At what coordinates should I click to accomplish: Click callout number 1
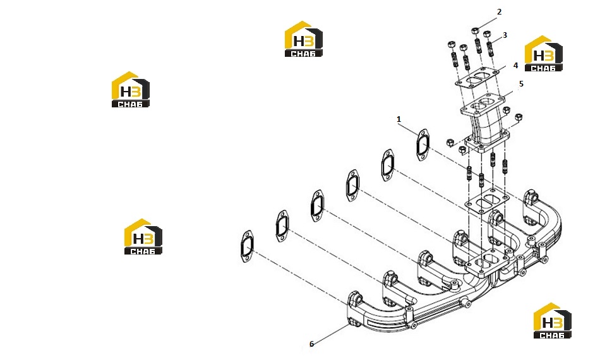click(399, 119)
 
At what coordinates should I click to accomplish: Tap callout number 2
click(499, 12)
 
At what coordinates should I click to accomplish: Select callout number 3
click(505, 35)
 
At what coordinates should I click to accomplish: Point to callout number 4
click(515, 66)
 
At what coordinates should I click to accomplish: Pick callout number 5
click(521, 83)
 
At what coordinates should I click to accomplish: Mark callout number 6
click(311, 344)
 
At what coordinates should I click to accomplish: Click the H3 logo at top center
click(303, 39)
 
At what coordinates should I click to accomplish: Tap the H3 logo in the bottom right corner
click(552, 321)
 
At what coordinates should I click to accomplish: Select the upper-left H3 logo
click(131, 90)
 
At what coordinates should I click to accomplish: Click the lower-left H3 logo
click(143, 236)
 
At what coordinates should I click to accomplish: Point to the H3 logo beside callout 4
click(543, 54)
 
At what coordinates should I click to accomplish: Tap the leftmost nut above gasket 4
click(451, 44)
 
